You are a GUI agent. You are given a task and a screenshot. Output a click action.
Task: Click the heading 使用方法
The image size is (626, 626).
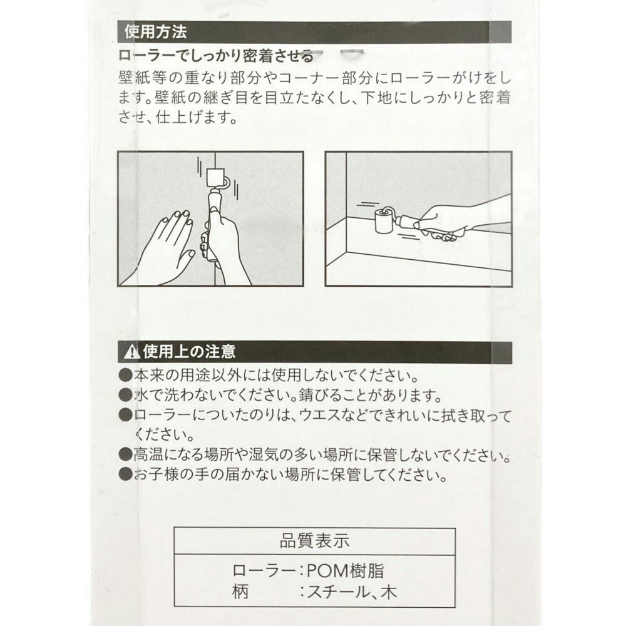tap(156, 33)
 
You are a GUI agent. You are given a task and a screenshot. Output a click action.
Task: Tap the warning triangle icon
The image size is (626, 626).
tap(131, 352)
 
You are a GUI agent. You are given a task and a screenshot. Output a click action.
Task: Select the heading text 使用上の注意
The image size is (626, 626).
tap(189, 352)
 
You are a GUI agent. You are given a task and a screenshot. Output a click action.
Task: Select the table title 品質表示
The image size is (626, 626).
tap(314, 541)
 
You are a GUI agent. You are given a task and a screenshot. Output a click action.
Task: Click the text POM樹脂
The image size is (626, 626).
tap(345, 571)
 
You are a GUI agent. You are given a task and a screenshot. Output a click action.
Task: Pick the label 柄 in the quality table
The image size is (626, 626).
tap(240, 592)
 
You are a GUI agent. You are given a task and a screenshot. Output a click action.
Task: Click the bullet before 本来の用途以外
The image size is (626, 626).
tap(125, 375)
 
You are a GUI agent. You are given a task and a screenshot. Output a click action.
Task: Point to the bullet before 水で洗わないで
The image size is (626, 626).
tap(125, 395)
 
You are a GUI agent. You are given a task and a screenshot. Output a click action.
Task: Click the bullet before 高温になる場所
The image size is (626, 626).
tap(125, 454)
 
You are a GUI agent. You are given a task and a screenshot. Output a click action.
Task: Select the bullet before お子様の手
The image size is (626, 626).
tap(125, 475)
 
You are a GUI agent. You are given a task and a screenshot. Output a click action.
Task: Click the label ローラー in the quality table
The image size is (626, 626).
tap(264, 571)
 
